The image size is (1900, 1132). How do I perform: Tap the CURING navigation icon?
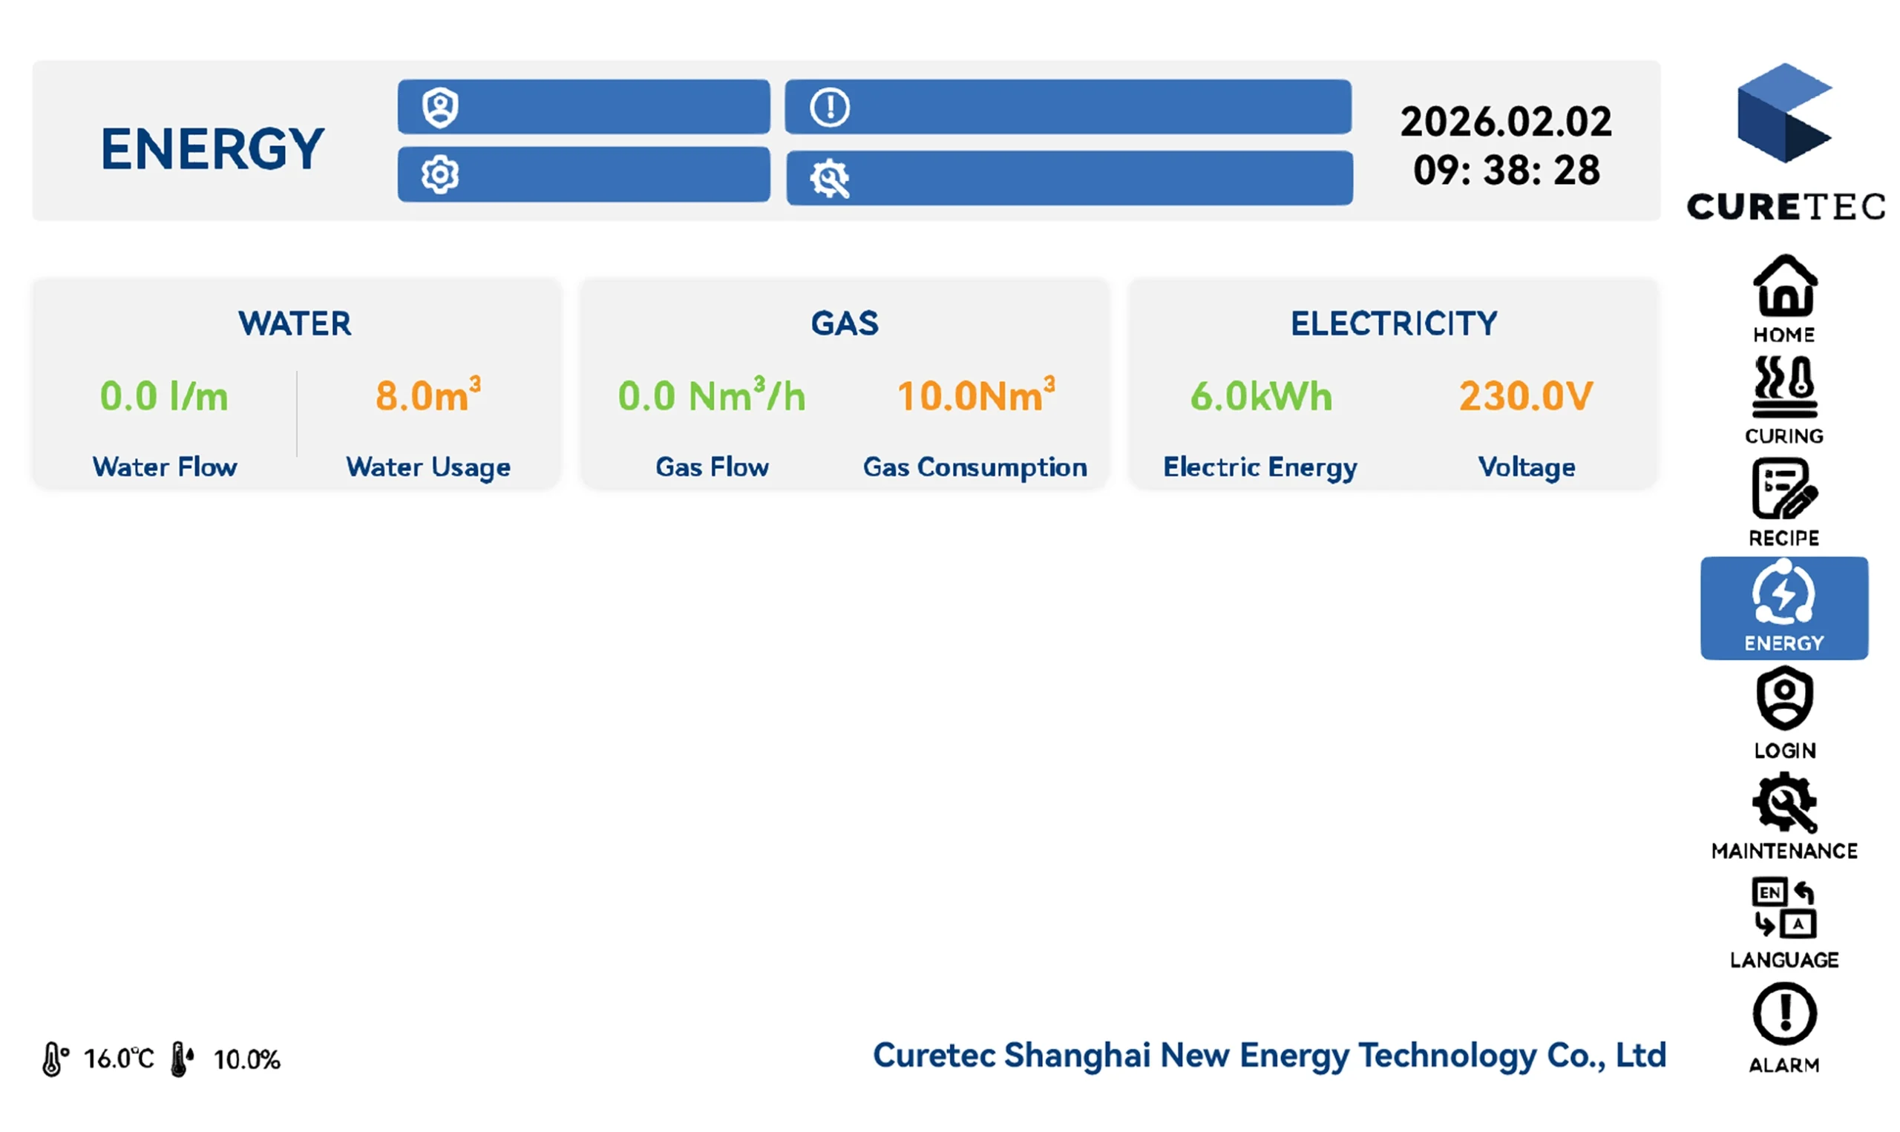pyautogui.click(x=1785, y=386)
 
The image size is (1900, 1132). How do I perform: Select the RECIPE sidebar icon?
pyautogui.click(x=1785, y=489)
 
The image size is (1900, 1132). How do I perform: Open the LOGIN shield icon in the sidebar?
pyautogui.click(x=1785, y=698)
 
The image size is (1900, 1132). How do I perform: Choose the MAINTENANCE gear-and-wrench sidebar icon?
pyautogui.click(x=1785, y=802)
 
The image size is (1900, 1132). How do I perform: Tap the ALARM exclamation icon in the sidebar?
pyautogui.click(x=1785, y=1014)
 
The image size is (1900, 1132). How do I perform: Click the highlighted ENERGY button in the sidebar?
pyautogui.click(x=1785, y=608)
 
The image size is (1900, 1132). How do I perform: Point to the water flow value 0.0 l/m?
pyautogui.click(x=164, y=396)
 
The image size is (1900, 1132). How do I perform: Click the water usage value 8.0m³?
pyautogui.click(x=428, y=395)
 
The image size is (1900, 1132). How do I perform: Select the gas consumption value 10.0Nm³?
pyautogui.click(x=976, y=395)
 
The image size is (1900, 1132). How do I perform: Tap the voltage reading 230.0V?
pyautogui.click(x=1526, y=396)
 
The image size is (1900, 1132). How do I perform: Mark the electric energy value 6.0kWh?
pyautogui.click(x=1261, y=396)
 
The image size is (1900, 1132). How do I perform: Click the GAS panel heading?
pyautogui.click(x=845, y=323)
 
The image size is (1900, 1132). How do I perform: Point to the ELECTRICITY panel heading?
pyautogui.click(x=1394, y=323)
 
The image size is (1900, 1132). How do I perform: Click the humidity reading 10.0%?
pyautogui.click(x=246, y=1059)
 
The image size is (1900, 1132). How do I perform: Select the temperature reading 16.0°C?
pyautogui.click(x=119, y=1059)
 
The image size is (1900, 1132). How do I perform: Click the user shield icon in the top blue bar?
pyautogui.click(x=440, y=108)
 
